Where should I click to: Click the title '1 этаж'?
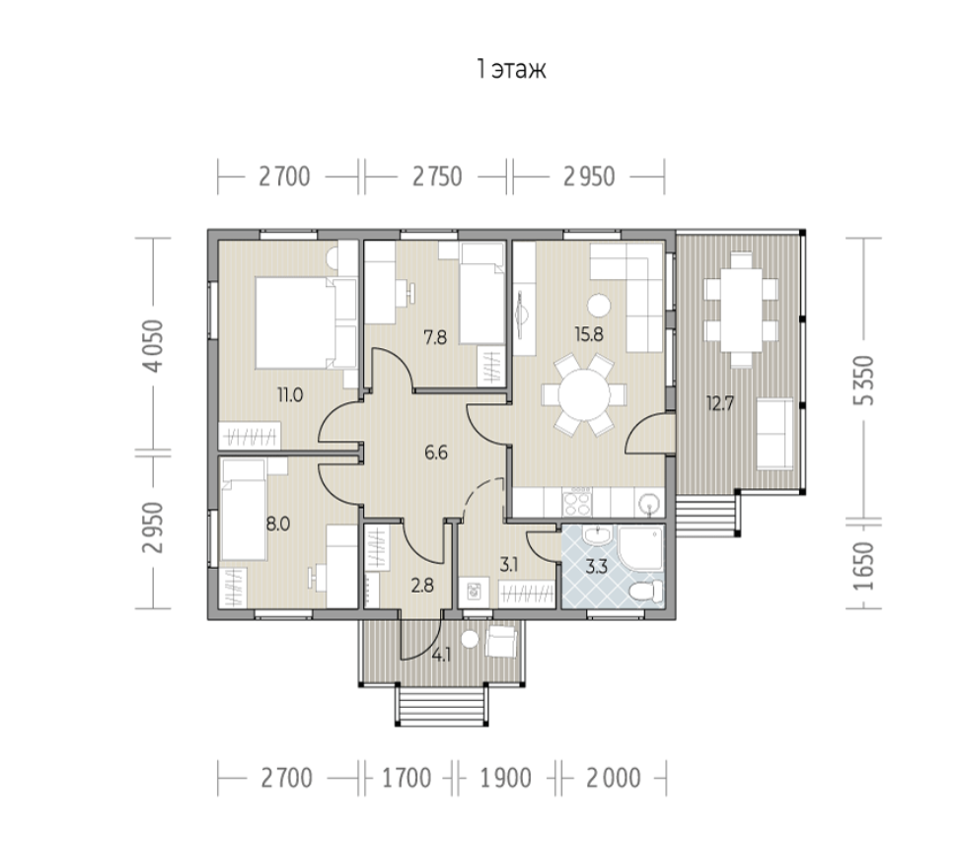(511, 69)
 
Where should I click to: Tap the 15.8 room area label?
(589, 334)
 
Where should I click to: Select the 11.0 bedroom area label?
(290, 395)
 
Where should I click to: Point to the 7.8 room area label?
(435, 337)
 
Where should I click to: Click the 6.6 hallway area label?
(436, 453)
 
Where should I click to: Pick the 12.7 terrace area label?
(720, 403)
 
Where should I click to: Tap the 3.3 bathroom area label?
(596, 567)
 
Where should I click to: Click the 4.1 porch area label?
(441, 656)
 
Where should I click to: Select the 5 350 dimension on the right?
(865, 381)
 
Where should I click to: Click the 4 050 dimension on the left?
(154, 346)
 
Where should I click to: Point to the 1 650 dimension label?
(865, 566)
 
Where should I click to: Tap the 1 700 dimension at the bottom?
(406, 779)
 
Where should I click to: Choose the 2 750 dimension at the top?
(437, 176)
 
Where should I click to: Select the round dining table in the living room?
(584, 394)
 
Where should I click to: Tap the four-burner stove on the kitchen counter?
(577, 503)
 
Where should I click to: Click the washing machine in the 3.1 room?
(474, 592)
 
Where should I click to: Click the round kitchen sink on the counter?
(649, 505)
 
